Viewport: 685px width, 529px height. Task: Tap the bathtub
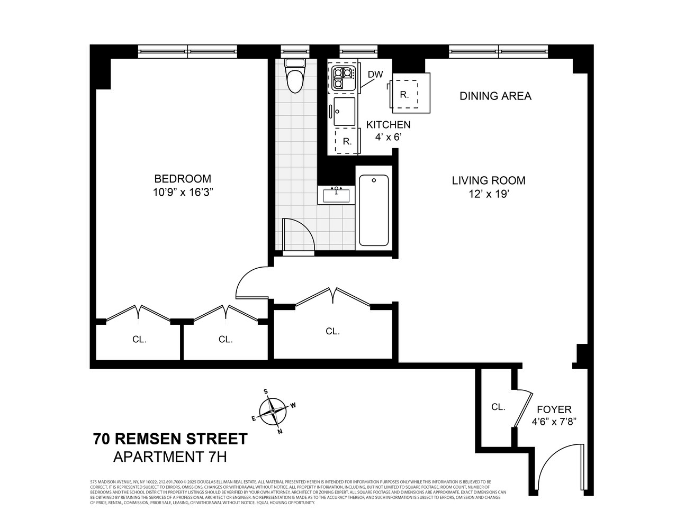[374, 210]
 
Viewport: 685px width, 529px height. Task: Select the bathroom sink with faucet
[336, 195]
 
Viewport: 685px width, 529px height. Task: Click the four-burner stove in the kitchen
[341, 77]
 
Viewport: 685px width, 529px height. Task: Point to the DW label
[375, 75]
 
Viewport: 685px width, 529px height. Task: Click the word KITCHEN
[388, 125]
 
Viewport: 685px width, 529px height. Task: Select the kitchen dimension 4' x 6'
[388, 136]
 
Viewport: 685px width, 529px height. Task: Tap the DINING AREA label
[495, 96]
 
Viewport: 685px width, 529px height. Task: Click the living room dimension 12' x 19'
[488, 194]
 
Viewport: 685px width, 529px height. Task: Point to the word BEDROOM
[182, 179]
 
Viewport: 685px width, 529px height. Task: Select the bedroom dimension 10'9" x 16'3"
[183, 193]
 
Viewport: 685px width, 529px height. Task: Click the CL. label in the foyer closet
[498, 407]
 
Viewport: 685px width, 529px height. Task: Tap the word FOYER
[554, 409]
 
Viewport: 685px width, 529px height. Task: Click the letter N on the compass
[280, 431]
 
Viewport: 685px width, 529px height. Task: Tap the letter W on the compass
[292, 406]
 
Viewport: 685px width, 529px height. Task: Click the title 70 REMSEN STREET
[170, 439]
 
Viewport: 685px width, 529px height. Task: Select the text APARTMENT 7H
[170, 457]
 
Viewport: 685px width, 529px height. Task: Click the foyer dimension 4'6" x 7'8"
[554, 422]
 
